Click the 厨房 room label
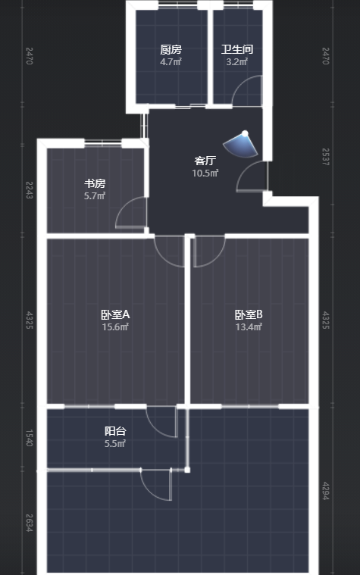point(171,49)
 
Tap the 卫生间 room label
point(237,49)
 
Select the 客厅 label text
point(205,161)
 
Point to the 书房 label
point(95,183)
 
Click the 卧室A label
point(115,314)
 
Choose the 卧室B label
point(249,314)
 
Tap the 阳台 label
point(115,431)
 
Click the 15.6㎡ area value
point(115,327)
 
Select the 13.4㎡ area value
point(249,327)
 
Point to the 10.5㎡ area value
point(205,173)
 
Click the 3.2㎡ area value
point(237,61)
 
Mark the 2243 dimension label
point(30,190)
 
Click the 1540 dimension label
point(30,438)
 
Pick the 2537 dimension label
point(325,157)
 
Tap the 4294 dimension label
point(325,491)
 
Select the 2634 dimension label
point(30,523)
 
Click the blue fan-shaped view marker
point(241,145)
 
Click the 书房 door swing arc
point(125,205)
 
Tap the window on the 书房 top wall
point(103,143)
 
